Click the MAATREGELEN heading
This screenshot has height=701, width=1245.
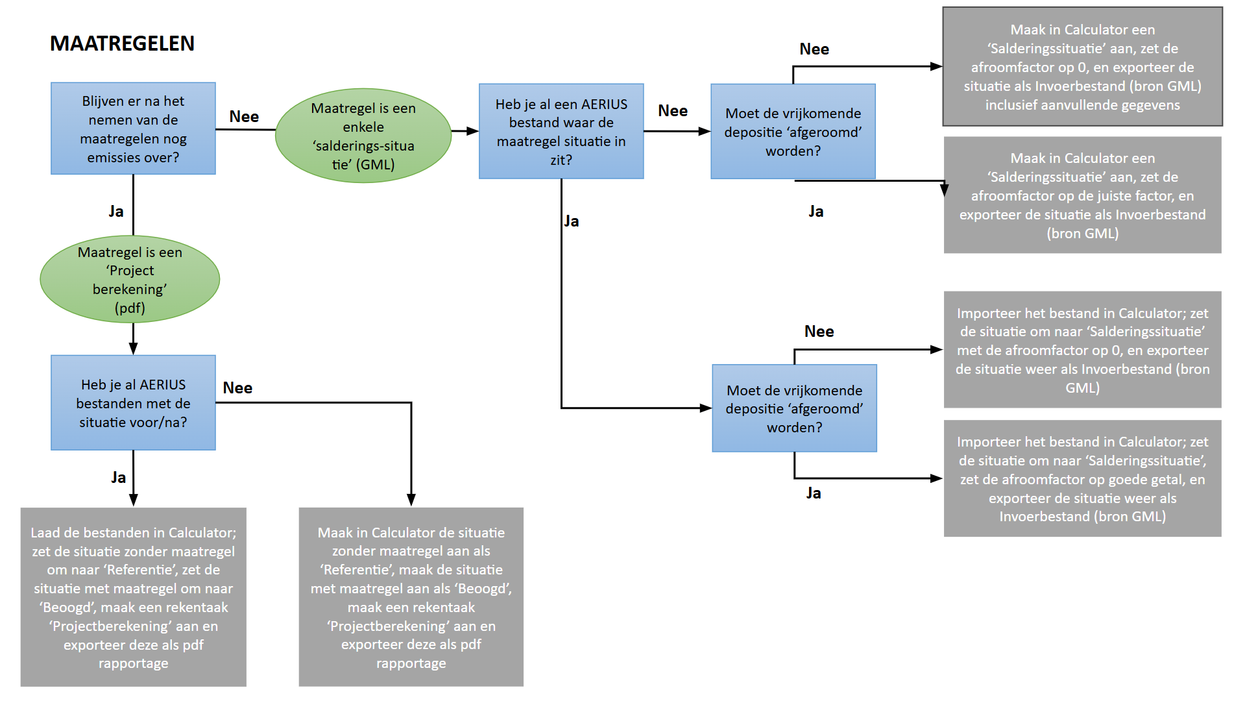click(x=122, y=43)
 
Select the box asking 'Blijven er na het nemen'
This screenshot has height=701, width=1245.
click(x=133, y=129)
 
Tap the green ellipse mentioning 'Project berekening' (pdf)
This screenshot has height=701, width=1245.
click(x=130, y=279)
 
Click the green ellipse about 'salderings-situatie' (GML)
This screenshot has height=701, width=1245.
click(x=363, y=136)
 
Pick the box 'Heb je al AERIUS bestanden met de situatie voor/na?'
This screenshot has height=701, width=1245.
click(x=133, y=402)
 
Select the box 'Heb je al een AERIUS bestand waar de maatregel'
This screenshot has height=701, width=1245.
click(x=561, y=131)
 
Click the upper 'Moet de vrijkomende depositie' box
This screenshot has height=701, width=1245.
click(x=793, y=131)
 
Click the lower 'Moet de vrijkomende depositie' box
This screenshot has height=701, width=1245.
click(x=794, y=408)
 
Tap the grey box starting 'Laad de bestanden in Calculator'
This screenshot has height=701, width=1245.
click(x=134, y=597)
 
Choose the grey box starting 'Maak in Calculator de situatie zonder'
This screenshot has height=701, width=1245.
click(x=411, y=597)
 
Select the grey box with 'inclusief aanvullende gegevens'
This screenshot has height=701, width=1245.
click(x=1082, y=67)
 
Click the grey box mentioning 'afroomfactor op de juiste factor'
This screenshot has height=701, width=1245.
click(x=1082, y=195)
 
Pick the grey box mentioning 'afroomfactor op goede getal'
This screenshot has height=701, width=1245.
click(x=1082, y=478)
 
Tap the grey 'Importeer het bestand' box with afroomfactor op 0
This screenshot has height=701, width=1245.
click(x=1082, y=350)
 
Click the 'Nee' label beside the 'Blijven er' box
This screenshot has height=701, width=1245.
click(x=244, y=117)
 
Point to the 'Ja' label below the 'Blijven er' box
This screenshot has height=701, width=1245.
click(x=116, y=212)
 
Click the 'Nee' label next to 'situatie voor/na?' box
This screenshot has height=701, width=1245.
click(x=237, y=388)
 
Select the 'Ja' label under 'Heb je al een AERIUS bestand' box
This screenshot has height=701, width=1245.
click(x=572, y=221)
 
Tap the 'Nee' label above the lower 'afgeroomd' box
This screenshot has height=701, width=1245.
click(x=819, y=332)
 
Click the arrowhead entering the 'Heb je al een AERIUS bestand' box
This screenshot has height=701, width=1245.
click(x=473, y=131)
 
